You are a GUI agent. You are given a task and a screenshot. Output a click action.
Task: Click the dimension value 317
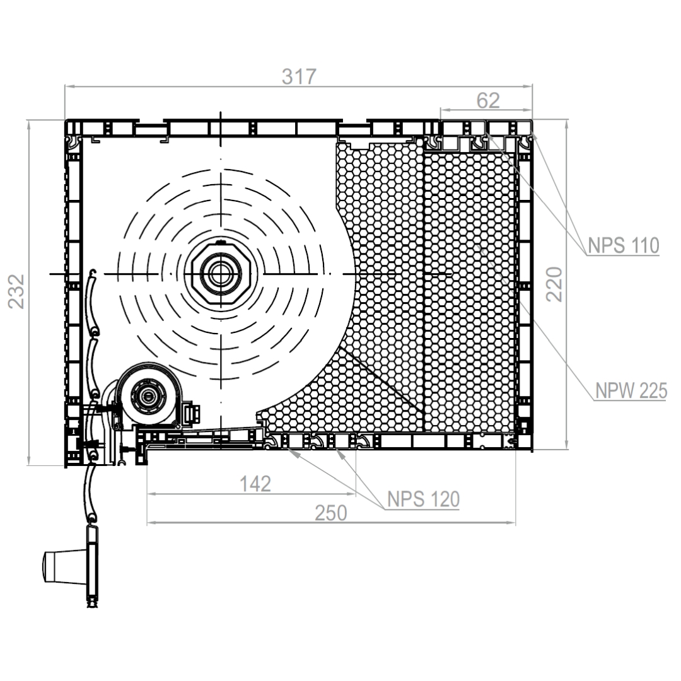coord(299,77)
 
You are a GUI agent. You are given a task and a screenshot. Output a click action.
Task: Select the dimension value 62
coord(488,101)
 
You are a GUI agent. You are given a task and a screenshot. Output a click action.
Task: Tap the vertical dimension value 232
coord(16,291)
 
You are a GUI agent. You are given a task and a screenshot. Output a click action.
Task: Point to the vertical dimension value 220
coord(554,284)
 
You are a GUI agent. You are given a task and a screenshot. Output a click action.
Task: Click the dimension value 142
coord(255,484)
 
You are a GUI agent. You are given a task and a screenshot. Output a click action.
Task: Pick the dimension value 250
coord(331,513)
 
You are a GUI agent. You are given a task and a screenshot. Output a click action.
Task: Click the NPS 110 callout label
coord(623,246)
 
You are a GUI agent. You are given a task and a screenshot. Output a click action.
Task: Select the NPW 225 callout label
coord(631,391)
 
